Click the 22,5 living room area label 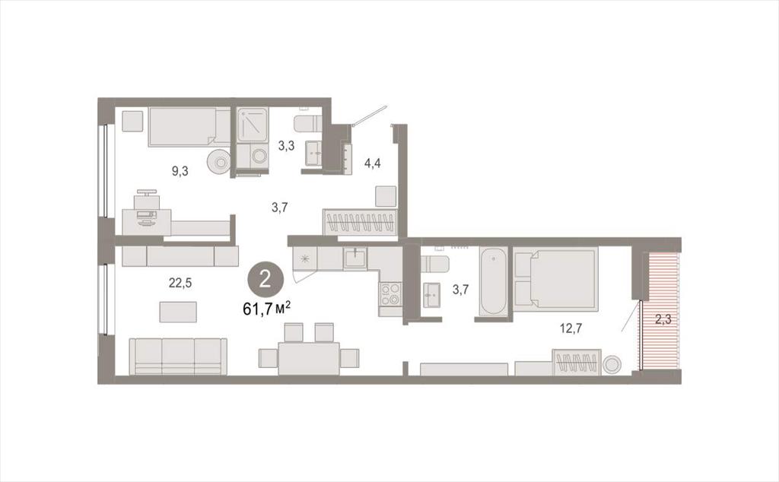[180, 283]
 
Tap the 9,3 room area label [180, 171]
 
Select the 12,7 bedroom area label [571, 328]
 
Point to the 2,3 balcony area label [663, 319]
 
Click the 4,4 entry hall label [373, 163]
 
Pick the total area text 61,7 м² [266, 309]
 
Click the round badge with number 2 [265, 280]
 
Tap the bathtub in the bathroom [493, 281]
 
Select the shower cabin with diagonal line [253, 125]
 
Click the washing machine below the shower [253, 157]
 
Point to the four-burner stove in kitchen [390, 293]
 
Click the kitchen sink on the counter [355, 258]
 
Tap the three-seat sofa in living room [178, 357]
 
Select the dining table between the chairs [309, 358]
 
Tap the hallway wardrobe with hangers [360, 222]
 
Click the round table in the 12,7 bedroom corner [612, 365]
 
